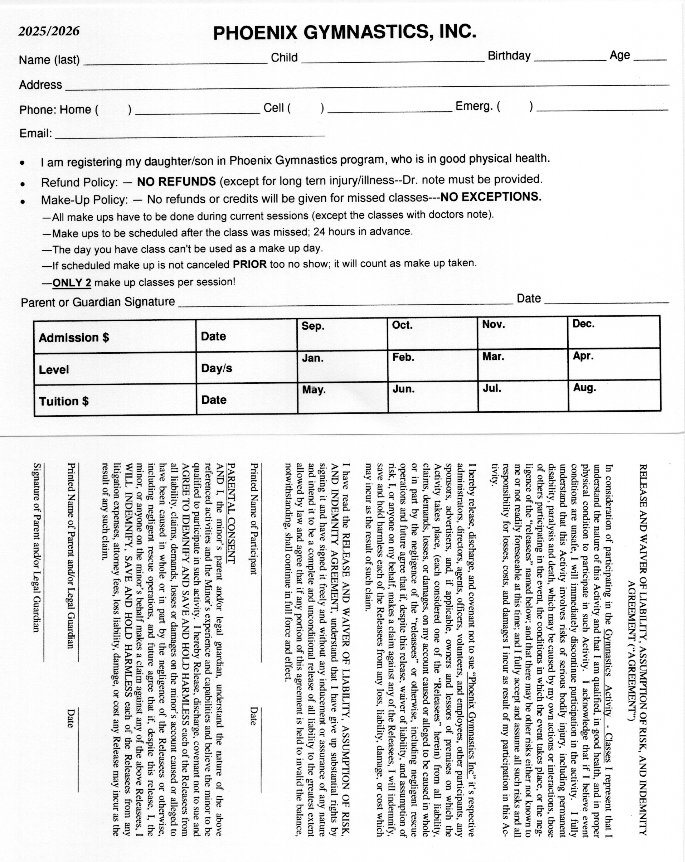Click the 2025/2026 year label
tap(49, 31)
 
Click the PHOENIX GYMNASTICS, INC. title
tap(345, 32)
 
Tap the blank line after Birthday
tap(570, 57)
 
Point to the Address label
tap(40, 85)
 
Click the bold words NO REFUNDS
tap(176, 181)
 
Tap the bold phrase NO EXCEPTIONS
tap(491, 197)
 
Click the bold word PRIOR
tap(250, 264)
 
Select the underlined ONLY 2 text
tap(72, 283)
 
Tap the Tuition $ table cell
tap(115, 401)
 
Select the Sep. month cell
tap(342, 334)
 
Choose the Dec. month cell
tap(613, 332)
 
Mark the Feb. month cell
tap(432, 365)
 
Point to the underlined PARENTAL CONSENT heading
tap(231, 513)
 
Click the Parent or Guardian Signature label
tap(98, 302)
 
